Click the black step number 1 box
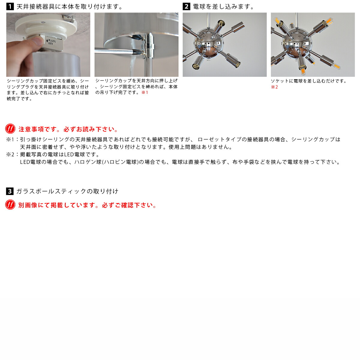point(10,7)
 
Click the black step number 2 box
point(186,7)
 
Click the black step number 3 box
point(10,191)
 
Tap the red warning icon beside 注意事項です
point(10,129)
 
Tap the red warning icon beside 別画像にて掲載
point(10,205)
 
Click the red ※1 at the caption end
point(145,92)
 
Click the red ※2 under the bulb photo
point(274,87)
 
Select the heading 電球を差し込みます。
point(223,7)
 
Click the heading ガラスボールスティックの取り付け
point(67,191)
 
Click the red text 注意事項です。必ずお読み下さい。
point(69,129)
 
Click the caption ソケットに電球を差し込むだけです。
point(309,81)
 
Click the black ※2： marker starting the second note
point(13,154)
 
